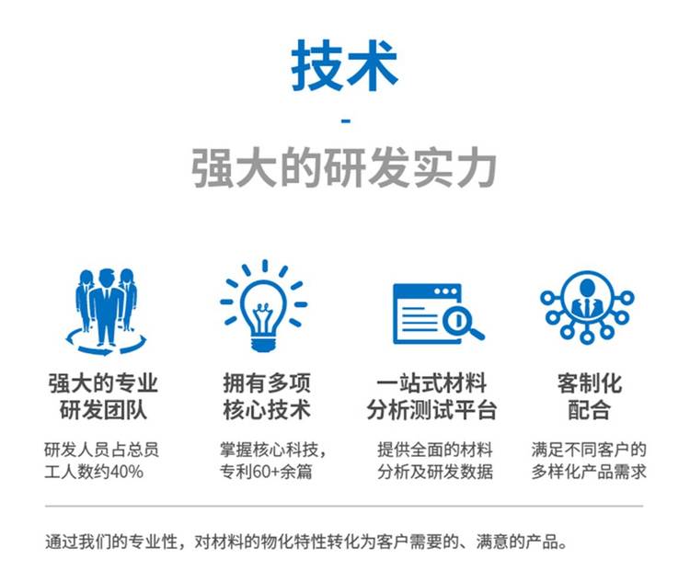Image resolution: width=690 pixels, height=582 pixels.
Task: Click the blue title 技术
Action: tap(345, 66)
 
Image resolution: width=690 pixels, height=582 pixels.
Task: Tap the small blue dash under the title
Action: tap(346, 120)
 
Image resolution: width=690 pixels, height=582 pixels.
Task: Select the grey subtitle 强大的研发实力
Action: tap(345, 168)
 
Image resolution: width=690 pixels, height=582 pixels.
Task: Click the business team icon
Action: tap(106, 311)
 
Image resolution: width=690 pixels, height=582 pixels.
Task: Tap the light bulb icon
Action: tap(264, 306)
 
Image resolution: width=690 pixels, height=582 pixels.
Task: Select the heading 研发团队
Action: tap(103, 410)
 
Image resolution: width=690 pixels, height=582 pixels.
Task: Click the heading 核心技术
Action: tap(267, 410)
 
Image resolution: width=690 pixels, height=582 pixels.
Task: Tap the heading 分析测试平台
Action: tap(432, 410)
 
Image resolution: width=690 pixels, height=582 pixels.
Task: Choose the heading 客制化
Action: tap(589, 383)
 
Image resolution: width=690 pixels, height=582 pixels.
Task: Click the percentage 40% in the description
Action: tap(127, 472)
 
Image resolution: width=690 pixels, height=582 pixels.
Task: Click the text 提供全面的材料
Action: tap(435, 450)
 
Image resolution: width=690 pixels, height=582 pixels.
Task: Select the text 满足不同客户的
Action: tap(589, 450)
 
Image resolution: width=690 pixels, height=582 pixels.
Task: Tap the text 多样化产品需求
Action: tap(589, 472)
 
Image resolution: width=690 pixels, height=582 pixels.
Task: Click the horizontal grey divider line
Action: tap(344, 506)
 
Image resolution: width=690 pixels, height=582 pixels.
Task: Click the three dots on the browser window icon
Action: tap(445, 291)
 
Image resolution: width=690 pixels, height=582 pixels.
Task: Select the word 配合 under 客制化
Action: tap(589, 410)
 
